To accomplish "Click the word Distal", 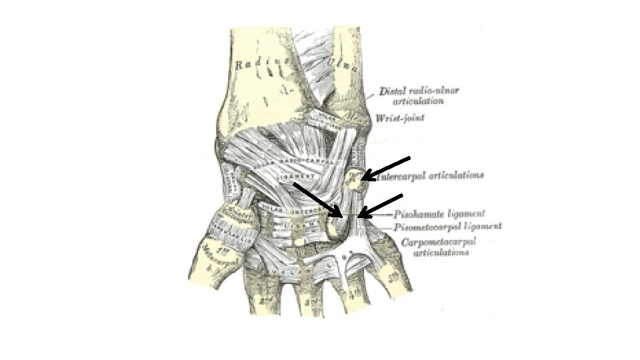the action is coord(391,91).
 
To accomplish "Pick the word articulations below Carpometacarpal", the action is coord(441,253).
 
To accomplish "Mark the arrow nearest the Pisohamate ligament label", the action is coord(381,205).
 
